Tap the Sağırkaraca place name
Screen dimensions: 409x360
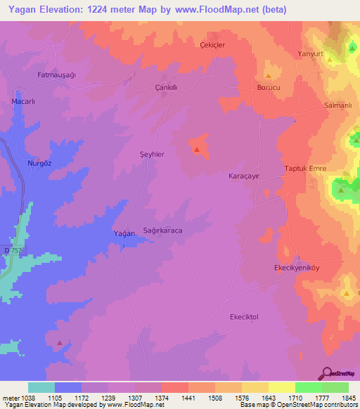[163, 231]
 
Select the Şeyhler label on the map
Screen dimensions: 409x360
[153, 154]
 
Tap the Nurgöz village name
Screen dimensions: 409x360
[40, 163]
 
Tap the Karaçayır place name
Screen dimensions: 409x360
[245, 177]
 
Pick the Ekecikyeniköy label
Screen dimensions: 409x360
[297, 268]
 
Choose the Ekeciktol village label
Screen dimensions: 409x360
[245, 317]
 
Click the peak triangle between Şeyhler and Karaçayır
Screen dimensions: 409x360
[197, 149]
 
